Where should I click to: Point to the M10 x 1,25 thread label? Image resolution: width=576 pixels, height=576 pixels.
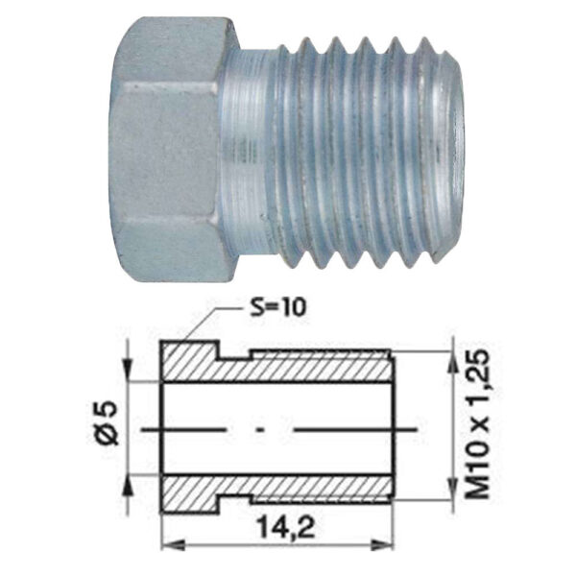[x=479, y=423]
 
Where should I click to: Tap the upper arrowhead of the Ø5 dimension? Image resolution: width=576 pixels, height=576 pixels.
[x=128, y=370]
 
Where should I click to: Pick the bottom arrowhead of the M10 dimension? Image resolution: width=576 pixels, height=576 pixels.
[x=452, y=488]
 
